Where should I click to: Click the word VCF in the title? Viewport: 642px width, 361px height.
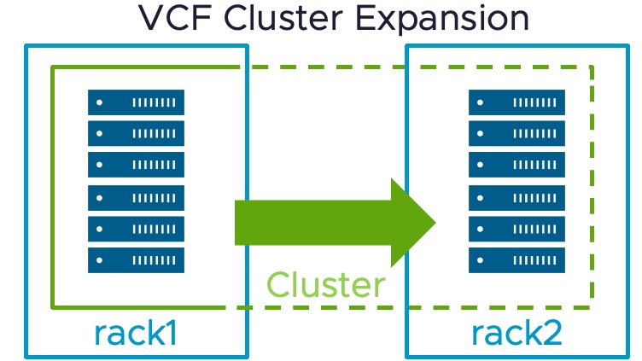172,18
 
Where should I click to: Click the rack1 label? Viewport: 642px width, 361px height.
136,333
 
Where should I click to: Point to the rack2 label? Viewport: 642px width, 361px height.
517,333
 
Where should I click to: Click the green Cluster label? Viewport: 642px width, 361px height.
325,284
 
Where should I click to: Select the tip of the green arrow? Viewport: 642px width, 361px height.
435,223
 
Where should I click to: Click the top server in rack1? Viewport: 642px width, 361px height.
136,102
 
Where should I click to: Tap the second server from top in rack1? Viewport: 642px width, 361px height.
136,134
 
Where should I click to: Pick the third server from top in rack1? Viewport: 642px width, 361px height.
136,165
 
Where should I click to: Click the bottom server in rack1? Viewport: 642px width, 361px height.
136,259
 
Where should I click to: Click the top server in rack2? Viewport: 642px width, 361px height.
517,102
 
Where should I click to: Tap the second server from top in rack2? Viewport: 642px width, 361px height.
517,134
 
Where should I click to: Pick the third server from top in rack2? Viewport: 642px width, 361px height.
517,165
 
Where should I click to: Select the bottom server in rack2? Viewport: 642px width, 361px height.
517,259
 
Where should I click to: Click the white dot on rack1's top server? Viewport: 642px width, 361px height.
101,102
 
